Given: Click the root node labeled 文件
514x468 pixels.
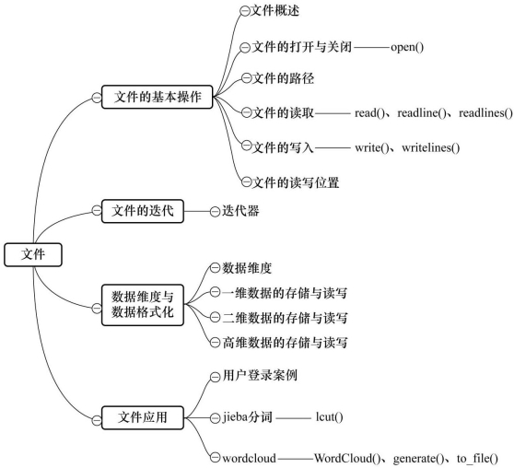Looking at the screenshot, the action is [33, 254].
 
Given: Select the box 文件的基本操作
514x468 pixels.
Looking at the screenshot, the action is [157, 97].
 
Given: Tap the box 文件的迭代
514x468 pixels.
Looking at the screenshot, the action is [142, 211].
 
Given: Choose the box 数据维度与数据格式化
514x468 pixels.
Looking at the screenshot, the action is [142, 305].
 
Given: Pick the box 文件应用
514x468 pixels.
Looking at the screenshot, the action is [142, 417].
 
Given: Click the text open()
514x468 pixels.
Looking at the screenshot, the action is [407, 47].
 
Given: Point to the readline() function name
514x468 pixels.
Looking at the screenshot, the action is [422, 113].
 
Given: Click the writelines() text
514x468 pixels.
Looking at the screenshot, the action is [431, 148].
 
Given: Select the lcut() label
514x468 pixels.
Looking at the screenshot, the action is [330, 417].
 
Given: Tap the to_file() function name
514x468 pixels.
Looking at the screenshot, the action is [477, 458].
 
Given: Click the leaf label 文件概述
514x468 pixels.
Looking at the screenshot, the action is [275, 11].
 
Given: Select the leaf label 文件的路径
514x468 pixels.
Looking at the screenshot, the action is [283, 78].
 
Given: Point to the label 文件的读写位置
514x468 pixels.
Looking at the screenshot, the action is [296, 182].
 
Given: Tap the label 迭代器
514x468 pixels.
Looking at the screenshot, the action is [240, 211].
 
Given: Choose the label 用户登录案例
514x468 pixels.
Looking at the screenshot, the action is [260, 375].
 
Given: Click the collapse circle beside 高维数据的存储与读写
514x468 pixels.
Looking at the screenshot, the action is [215, 343].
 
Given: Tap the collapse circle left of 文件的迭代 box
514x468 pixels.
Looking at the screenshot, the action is [97, 211].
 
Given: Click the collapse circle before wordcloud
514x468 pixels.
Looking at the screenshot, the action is [215, 458].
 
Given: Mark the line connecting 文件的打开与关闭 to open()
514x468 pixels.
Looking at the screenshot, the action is [372, 48].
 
